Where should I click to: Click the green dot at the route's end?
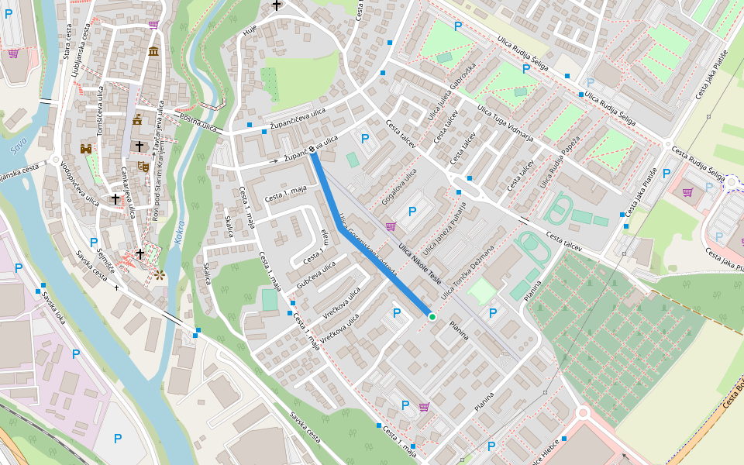pos(432,317)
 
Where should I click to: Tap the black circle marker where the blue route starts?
pos(313,150)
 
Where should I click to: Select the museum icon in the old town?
pos(153,52)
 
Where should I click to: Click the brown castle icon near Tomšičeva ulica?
pos(86,148)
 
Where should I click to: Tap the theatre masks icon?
pos(143,166)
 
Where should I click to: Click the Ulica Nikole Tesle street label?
pos(419,263)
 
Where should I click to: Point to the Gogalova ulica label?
pos(399,188)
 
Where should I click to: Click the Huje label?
pos(249,31)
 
